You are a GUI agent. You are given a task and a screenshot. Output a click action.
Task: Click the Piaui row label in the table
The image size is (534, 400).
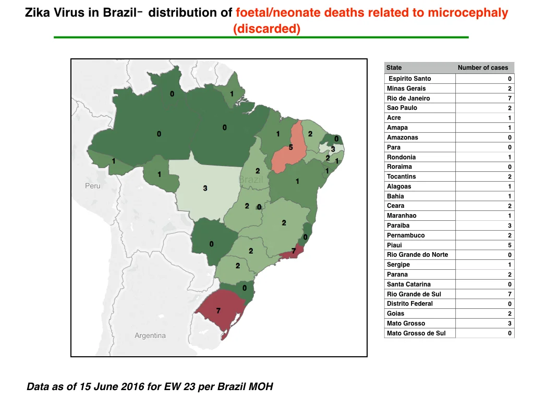(394, 245)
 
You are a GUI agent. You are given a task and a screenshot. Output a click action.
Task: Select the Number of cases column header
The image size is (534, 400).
(482, 68)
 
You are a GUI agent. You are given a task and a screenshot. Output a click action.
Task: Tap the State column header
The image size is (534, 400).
(394, 68)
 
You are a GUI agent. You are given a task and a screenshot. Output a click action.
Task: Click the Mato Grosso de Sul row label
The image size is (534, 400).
(416, 333)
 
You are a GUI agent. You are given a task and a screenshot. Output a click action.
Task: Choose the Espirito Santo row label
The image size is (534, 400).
(410, 79)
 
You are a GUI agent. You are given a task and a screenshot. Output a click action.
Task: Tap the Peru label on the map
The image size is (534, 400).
(93, 186)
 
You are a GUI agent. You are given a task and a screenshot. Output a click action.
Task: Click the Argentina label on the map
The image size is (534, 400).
(150, 335)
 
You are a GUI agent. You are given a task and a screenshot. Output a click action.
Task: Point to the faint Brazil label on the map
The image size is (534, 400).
(251, 179)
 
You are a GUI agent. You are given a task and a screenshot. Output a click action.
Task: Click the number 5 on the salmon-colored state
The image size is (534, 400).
(290, 147)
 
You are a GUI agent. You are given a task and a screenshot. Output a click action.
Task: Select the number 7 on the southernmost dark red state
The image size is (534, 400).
(219, 310)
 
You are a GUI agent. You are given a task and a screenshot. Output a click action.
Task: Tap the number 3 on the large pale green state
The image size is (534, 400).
(205, 188)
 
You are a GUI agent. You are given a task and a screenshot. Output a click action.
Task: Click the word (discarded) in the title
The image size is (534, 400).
(266, 29)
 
